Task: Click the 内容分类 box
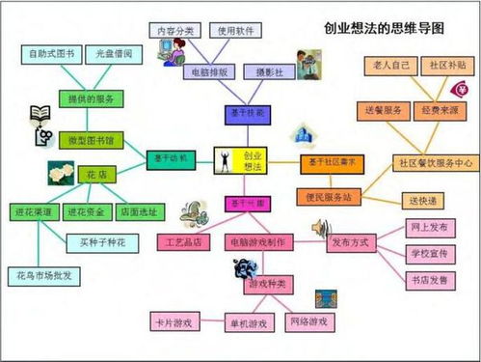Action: click(x=174, y=30)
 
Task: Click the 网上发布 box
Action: click(x=428, y=229)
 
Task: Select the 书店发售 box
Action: click(x=428, y=280)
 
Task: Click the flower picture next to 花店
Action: click(x=61, y=174)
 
